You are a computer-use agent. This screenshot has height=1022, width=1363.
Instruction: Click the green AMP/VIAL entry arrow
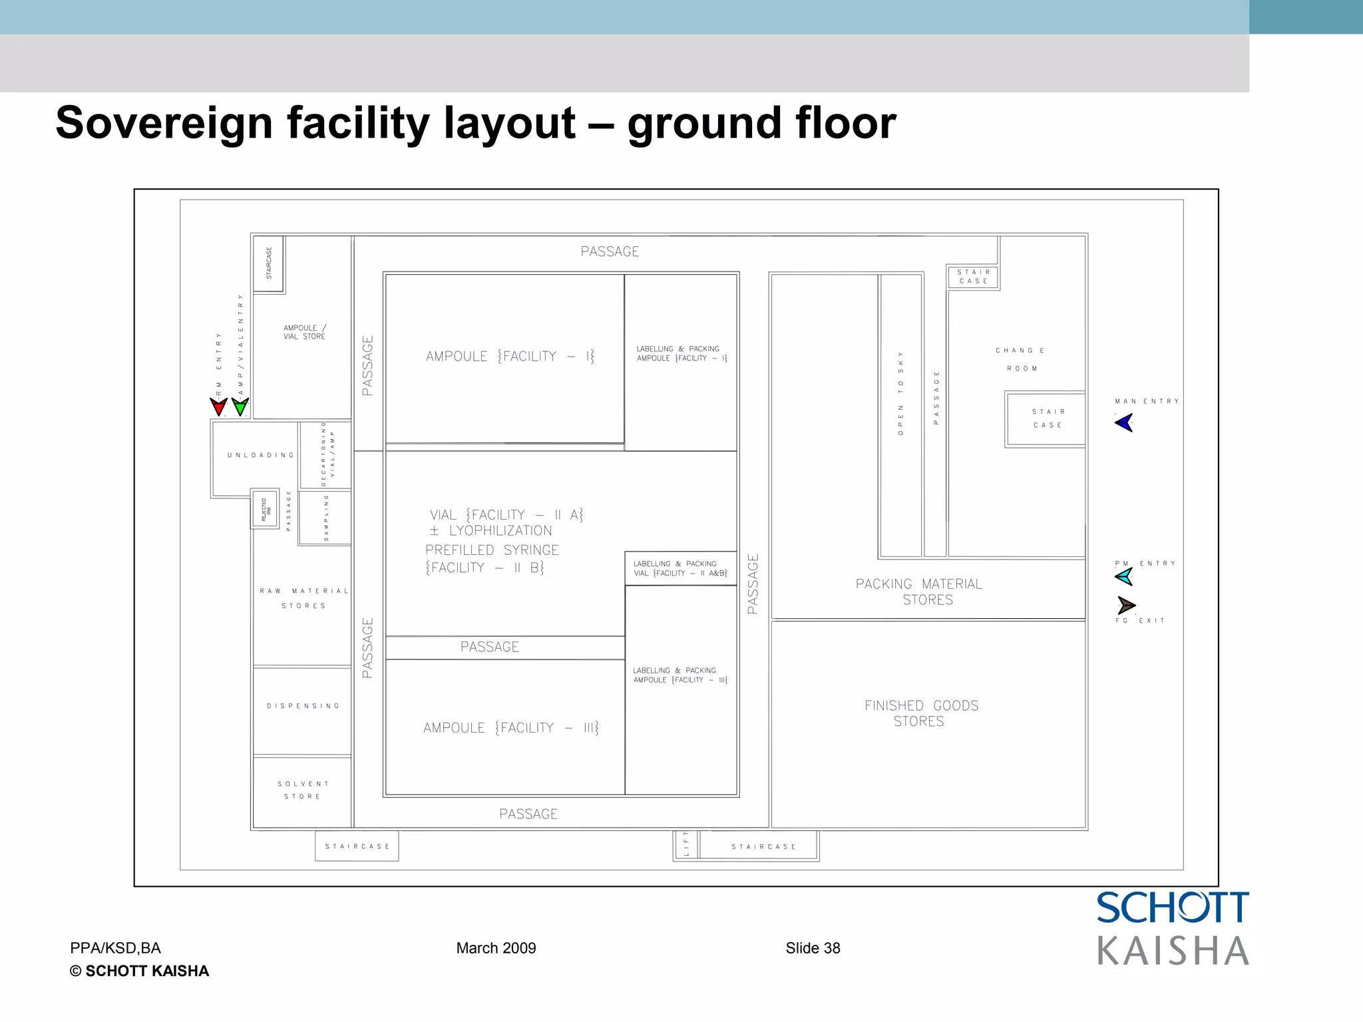point(240,406)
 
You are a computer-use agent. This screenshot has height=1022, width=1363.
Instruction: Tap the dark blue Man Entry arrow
point(1124,423)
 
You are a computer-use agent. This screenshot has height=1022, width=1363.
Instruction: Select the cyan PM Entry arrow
point(1124,576)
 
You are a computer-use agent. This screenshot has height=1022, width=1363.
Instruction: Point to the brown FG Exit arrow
point(1126,605)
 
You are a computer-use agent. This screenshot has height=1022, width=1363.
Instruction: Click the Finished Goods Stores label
point(921,713)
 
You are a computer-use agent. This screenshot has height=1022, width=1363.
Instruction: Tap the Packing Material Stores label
point(919,592)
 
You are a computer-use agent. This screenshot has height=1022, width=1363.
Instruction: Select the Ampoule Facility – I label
point(510,357)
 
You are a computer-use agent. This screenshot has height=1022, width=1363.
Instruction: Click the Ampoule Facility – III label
point(510,728)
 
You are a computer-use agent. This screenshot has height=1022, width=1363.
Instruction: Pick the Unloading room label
point(260,456)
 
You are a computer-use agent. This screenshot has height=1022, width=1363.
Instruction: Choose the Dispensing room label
point(303,706)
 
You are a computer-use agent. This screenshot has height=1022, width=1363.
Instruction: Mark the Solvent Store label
point(303,790)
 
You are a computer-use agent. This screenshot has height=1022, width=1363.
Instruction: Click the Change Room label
point(1020,359)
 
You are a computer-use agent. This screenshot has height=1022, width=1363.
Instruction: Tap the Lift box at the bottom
point(686,846)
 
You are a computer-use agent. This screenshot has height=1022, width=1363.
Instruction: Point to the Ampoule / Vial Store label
point(304,332)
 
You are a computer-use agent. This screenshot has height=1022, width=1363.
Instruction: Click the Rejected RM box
point(265,509)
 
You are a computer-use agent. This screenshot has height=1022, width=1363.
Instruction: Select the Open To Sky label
point(900,393)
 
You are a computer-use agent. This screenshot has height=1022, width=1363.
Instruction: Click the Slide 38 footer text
point(813,948)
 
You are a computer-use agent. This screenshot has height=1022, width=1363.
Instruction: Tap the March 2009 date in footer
point(496,948)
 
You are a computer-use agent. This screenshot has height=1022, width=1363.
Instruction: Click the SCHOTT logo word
point(1173,908)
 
